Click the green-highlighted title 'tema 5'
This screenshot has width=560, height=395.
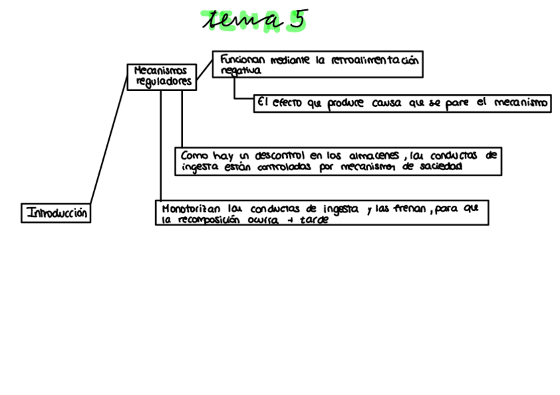(254, 20)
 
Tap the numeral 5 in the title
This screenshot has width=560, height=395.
(297, 20)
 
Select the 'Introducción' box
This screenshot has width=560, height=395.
(56, 213)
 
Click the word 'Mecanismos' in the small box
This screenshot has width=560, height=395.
(160, 70)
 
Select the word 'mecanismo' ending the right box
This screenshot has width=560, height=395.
(522, 104)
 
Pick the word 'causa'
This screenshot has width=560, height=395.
(386, 104)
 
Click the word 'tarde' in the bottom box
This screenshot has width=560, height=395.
(314, 220)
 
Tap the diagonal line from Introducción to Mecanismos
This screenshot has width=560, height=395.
(108, 138)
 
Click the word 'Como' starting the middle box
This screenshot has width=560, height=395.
(194, 156)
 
